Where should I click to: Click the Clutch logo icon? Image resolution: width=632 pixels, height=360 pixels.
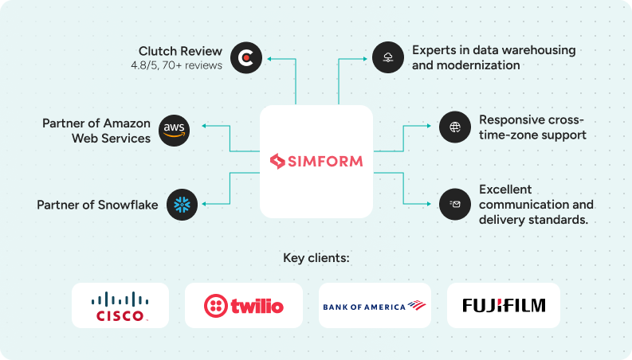coord(246,58)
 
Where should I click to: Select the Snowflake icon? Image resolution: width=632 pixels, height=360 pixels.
coord(182,205)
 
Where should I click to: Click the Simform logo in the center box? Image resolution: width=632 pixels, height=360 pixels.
coord(316,162)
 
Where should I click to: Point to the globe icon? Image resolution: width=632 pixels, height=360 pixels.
coord(455,127)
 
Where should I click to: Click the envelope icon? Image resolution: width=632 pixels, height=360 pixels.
coord(455,205)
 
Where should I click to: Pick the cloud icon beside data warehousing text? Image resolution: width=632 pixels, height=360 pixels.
coord(388,57)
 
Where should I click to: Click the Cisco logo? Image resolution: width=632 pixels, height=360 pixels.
coord(120,306)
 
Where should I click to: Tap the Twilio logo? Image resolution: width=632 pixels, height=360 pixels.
coord(243,306)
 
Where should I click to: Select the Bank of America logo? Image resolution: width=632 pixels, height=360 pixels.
coord(375,306)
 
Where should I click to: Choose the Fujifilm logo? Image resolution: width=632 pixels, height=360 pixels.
coord(503,306)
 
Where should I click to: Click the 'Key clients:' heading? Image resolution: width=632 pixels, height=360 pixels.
coord(316,258)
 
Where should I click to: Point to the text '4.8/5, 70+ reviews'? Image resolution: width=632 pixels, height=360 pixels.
coord(176,65)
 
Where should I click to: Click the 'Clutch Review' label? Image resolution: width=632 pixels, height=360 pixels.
coord(180,51)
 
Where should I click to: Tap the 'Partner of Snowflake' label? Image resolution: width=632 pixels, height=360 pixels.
coord(97,205)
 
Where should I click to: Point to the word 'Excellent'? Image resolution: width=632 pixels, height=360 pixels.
coord(505,190)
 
